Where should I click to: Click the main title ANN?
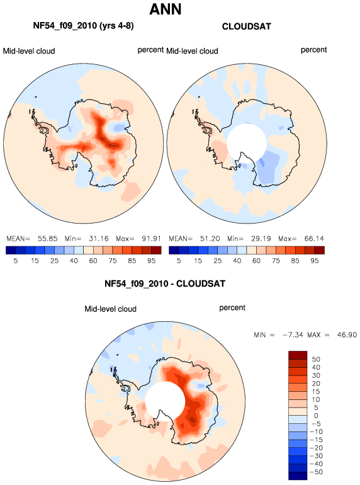[x=166, y=9]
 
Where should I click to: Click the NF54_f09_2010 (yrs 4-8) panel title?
[x=84, y=25]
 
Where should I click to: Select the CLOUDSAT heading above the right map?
[x=246, y=26]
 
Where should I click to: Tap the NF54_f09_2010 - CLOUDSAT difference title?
[x=165, y=283]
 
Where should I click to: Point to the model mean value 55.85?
[x=48, y=239]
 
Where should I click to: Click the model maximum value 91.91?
[x=151, y=239]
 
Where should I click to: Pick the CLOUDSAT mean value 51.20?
[x=210, y=239]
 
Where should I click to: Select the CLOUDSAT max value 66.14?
[x=314, y=239]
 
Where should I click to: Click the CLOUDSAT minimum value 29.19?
[x=261, y=239]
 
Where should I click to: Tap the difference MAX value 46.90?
[x=347, y=334]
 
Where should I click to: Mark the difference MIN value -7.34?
[x=293, y=334]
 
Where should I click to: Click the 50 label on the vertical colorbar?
[x=316, y=359]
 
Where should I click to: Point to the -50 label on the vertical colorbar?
[x=316, y=472]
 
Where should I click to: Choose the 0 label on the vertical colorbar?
[x=316, y=416]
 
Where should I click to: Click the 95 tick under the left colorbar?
[x=152, y=261]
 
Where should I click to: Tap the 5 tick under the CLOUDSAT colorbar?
[x=179, y=261]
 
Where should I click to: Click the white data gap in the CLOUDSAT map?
[x=246, y=143]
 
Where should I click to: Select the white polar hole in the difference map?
[x=165, y=401]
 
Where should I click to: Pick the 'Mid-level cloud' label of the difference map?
[x=110, y=309]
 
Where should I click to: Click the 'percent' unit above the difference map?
[x=232, y=308]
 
